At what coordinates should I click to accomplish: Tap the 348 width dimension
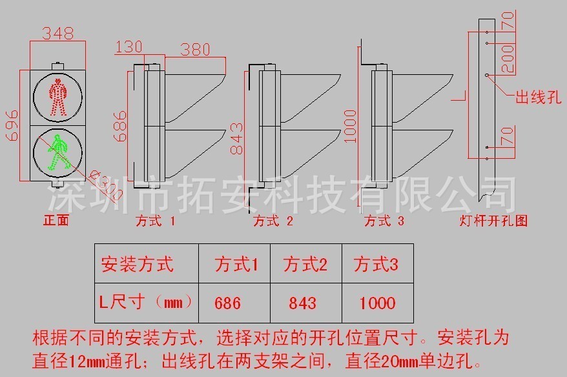57,32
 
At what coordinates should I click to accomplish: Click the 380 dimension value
199,49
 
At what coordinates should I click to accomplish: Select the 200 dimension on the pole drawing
508,58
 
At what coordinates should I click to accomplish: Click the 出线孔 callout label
537,98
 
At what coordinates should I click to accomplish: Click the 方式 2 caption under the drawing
273,221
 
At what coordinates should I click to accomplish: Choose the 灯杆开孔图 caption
494,221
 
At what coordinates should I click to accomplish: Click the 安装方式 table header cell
136,264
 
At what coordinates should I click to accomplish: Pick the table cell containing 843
303,302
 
